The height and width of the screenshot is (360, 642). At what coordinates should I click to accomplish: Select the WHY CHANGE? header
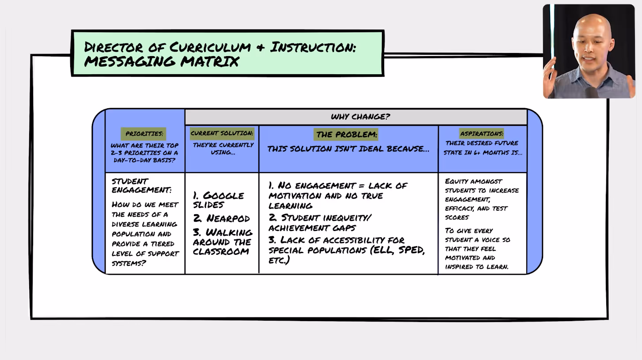(360, 117)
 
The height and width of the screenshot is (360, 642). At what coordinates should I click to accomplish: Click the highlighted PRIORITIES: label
(144, 133)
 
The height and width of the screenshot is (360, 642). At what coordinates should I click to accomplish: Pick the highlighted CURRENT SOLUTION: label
(222, 133)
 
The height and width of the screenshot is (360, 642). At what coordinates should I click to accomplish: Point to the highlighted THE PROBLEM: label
(347, 134)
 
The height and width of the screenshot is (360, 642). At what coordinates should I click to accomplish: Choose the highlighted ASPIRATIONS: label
(482, 133)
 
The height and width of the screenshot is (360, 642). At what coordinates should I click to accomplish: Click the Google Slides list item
(219, 200)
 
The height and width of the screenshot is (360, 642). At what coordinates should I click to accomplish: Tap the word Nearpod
(228, 219)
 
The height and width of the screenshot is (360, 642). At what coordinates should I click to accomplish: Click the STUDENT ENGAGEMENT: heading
(141, 186)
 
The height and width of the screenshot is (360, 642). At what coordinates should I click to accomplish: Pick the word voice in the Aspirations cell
(491, 239)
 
